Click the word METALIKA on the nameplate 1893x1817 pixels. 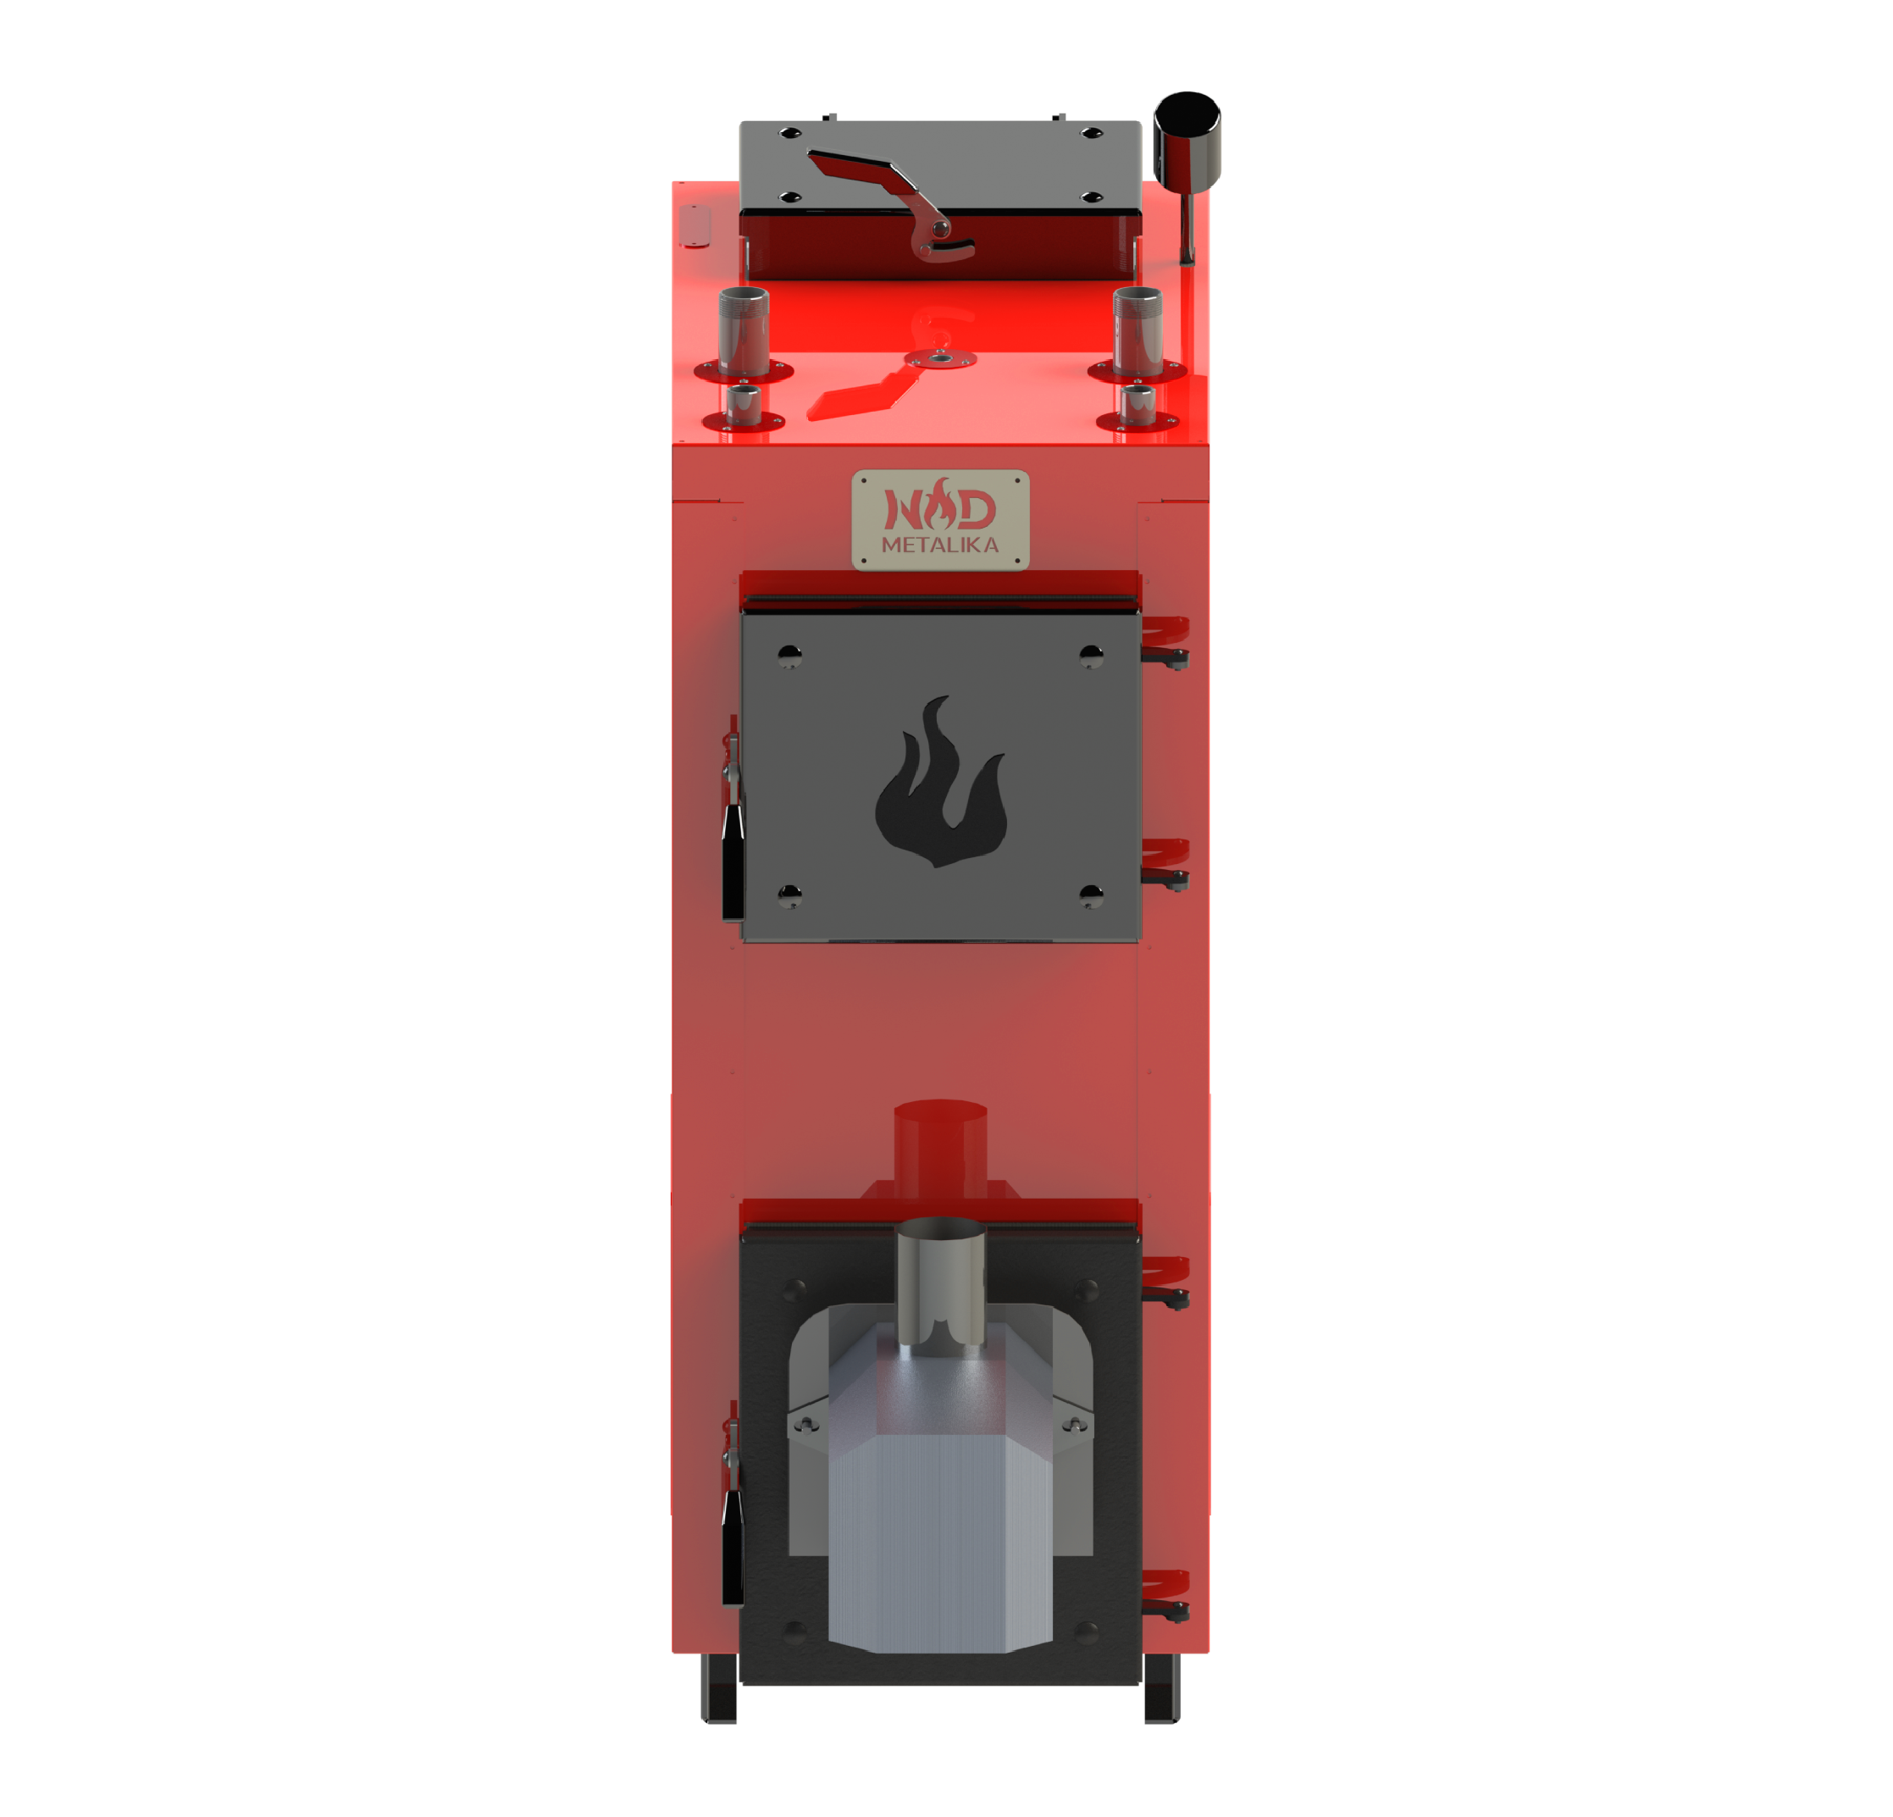tap(940, 545)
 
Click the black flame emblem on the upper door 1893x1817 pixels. tap(941, 782)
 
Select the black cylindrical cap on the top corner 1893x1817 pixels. tap(1187, 140)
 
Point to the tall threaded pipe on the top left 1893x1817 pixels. tap(744, 330)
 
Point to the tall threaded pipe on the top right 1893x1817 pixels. tap(1137, 330)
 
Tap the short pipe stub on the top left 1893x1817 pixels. tap(743, 406)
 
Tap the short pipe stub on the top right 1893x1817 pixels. tap(1137, 406)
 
